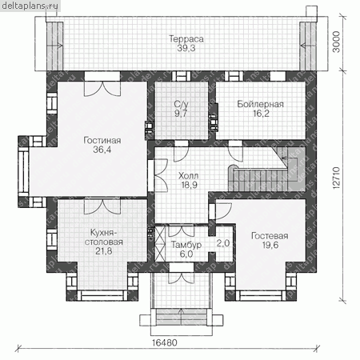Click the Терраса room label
[186, 39]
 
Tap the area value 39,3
[186, 48]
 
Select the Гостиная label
[102, 140]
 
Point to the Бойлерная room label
[260, 104]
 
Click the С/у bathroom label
[181, 104]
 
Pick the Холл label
[188, 176]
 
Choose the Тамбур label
[186, 245]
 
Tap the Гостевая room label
[270, 236]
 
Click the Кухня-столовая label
[103, 238]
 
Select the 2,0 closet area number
[223, 243]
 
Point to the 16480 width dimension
[165, 342]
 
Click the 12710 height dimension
[337, 178]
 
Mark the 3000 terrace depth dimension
[337, 42]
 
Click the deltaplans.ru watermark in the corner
[30, 6]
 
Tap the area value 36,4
[102, 150]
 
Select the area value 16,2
[261, 114]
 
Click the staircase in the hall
[266, 173]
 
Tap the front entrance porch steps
[182, 317]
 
